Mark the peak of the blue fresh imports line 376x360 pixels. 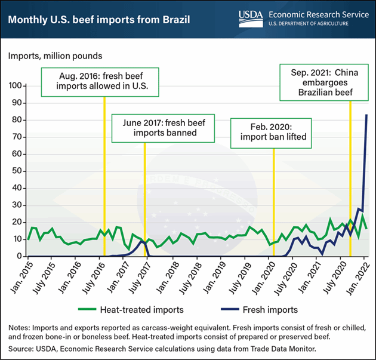tap(366, 115)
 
